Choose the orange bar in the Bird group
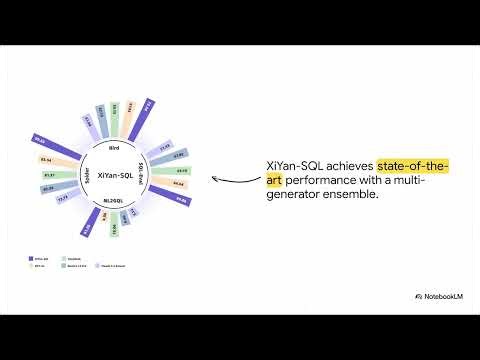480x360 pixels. pyautogui.click(x=131, y=111)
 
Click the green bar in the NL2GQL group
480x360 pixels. pyautogui.click(x=113, y=229)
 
